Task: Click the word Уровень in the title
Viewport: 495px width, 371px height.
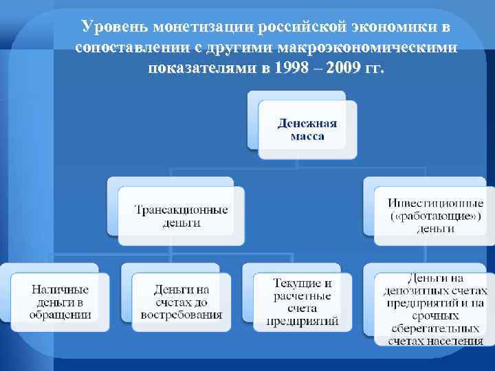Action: tap(115, 27)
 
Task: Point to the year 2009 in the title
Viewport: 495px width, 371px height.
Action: tap(351, 69)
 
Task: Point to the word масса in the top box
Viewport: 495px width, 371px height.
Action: tap(307, 137)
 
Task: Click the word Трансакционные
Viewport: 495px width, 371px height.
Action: tap(181, 210)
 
